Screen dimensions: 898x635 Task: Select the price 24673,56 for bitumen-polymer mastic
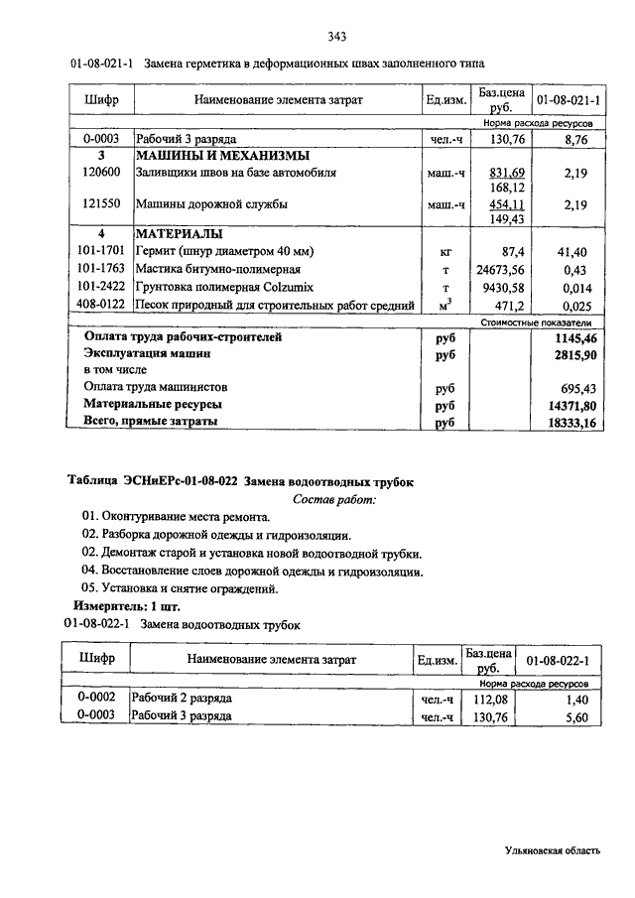[501, 269]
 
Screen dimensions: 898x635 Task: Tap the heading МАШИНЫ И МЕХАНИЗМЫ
[223, 156]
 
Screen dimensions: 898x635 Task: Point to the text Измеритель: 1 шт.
[128, 605]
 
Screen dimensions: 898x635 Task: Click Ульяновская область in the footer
[552, 850]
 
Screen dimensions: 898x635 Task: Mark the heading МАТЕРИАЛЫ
[180, 234]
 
